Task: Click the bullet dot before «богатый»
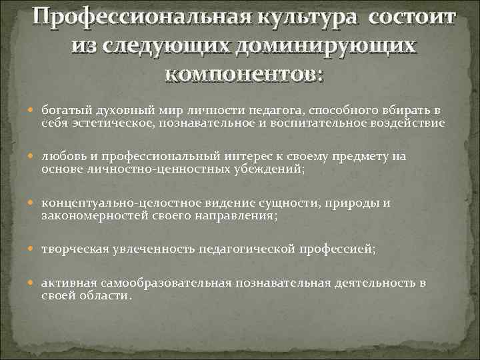point(35,110)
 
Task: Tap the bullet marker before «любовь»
point(35,157)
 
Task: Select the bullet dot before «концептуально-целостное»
point(35,203)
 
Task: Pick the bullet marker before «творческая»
point(35,249)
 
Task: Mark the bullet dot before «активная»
point(35,284)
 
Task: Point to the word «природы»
point(365,203)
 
